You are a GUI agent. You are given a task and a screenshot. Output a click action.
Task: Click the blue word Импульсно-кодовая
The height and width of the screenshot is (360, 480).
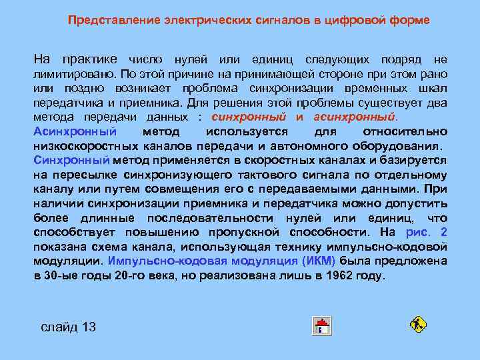click(156, 261)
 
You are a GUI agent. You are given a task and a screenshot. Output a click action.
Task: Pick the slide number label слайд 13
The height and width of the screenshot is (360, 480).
click(69, 327)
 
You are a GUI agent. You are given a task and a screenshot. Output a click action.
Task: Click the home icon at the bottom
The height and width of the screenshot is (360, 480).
click(323, 326)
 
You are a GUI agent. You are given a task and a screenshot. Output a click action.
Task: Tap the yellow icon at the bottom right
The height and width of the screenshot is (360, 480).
click(418, 325)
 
